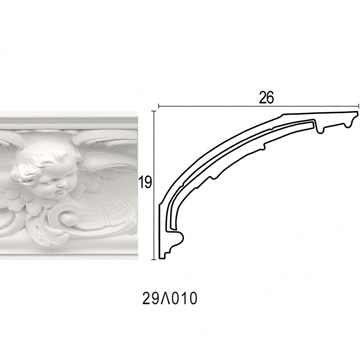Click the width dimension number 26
(266, 97)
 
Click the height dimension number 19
(145, 183)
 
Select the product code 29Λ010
(170, 298)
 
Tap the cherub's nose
(64, 184)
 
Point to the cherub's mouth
(60, 193)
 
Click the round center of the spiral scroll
(70, 219)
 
